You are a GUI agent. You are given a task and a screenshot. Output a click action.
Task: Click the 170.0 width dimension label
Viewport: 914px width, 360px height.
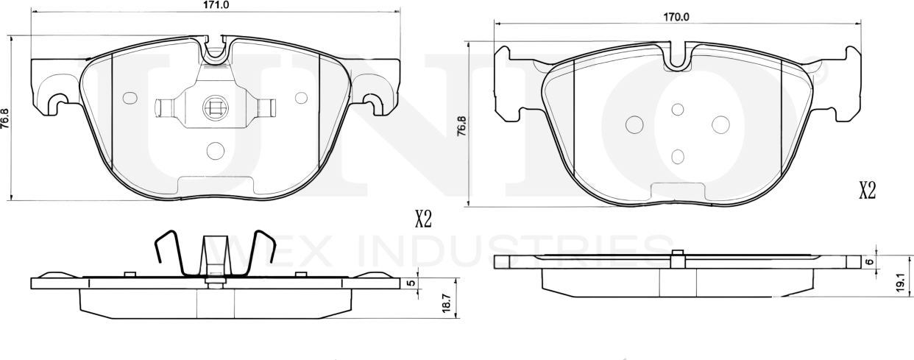[676, 16]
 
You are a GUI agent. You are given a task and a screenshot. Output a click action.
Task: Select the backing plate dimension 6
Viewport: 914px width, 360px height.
[868, 261]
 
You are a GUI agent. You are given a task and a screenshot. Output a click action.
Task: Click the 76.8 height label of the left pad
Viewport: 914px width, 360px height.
[6, 118]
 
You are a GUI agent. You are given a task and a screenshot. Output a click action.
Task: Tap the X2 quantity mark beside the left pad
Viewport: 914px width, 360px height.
[422, 219]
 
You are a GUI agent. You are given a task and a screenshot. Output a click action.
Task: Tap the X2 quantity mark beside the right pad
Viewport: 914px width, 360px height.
[868, 191]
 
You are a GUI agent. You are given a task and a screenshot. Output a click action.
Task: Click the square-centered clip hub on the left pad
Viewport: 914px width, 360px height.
[215, 108]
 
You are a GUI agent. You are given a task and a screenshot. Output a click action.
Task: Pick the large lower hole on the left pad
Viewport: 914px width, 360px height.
[215, 150]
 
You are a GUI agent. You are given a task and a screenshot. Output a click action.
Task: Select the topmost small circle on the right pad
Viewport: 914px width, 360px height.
[678, 109]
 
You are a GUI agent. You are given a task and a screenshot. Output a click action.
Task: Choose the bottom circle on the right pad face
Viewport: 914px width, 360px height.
[678, 156]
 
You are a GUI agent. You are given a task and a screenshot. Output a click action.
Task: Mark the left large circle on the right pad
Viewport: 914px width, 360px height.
[634, 125]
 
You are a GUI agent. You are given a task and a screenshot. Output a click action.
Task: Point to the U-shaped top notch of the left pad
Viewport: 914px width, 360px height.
[215, 50]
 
